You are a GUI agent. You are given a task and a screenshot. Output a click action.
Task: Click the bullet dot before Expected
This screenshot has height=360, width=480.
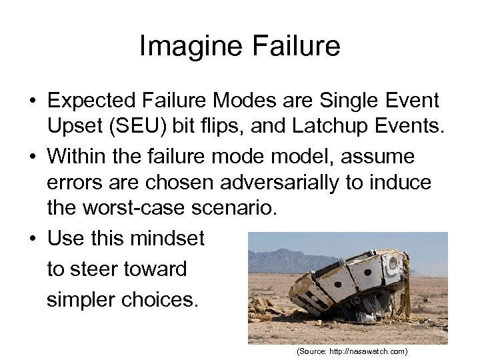pyautogui.click(x=32, y=102)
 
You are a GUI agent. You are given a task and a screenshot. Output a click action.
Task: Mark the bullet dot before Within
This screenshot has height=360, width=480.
pyautogui.click(x=32, y=158)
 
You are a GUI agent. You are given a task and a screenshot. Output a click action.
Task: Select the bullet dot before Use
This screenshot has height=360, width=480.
pyautogui.click(x=32, y=239)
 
